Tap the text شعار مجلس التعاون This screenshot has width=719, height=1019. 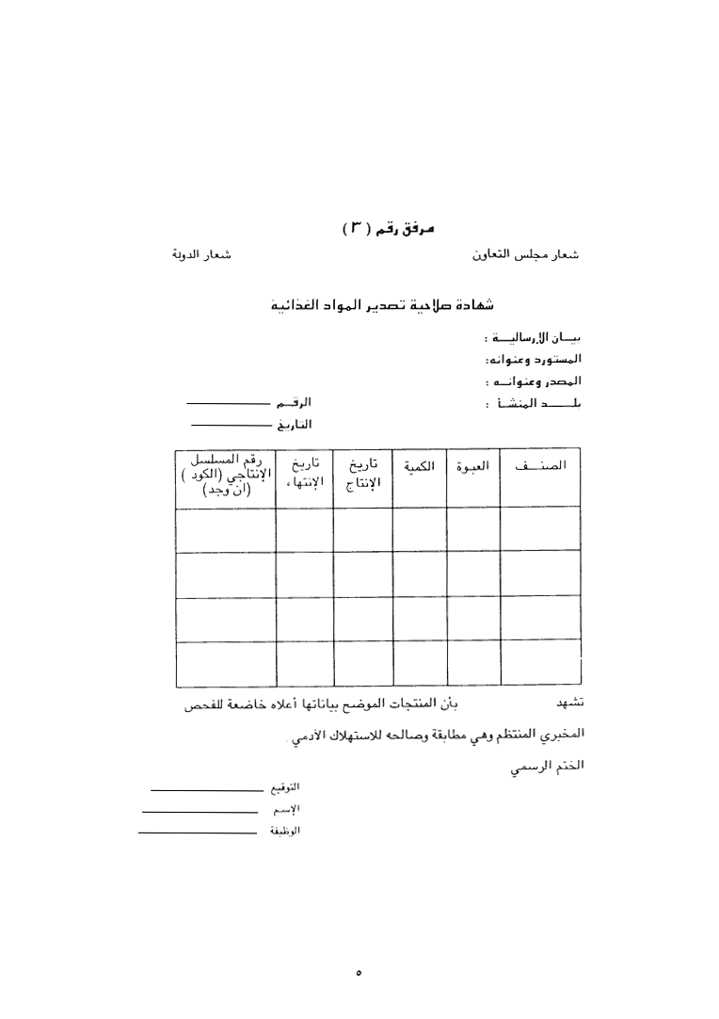524,254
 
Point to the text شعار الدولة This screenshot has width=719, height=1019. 201,255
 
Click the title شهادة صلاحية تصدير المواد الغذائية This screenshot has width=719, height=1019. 394,305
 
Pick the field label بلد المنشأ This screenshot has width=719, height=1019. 533,404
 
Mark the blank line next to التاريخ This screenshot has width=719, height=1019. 231,425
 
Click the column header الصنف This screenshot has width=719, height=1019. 540,467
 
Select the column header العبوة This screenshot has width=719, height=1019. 473,467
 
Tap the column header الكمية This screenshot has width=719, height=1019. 420,467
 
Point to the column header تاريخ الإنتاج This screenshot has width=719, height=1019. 362,474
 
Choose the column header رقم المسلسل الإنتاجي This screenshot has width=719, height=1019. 226,474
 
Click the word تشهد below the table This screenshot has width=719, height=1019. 570,703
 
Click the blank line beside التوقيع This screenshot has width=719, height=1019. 206,788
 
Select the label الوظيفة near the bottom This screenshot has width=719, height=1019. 285,831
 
